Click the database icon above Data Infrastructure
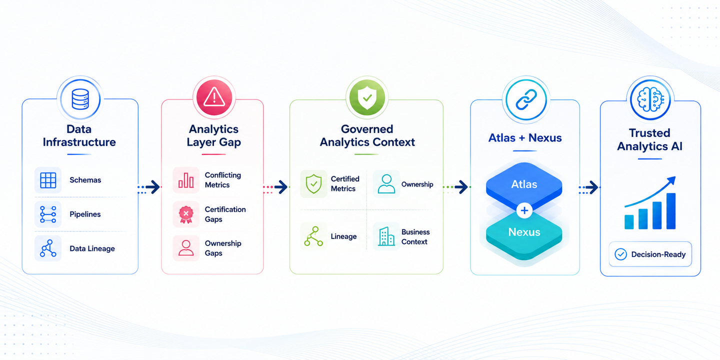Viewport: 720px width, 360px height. pyautogui.click(x=80, y=99)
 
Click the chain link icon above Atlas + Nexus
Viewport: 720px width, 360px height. pyautogui.click(x=526, y=100)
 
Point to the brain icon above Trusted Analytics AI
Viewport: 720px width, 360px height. pyautogui.click(x=650, y=100)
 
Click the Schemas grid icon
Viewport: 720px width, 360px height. pyautogui.click(x=48, y=180)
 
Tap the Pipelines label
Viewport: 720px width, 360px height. pyautogui.click(x=85, y=214)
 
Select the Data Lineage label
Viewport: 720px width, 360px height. pyautogui.click(x=92, y=248)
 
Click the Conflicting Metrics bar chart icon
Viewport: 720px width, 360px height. pyautogui.click(x=186, y=180)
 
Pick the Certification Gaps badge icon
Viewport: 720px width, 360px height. pyautogui.click(x=186, y=214)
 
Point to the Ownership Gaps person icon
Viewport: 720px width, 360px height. pyautogui.click(x=186, y=248)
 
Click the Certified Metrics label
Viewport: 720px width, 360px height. pyautogui.click(x=345, y=183)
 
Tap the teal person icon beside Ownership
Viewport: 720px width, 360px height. pyautogui.click(x=386, y=183)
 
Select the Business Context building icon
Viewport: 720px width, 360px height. pyautogui.click(x=386, y=236)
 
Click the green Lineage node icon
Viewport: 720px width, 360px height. pyautogui.click(x=313, y=236)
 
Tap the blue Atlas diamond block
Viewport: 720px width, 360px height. pyautogui.click(x=524, y=184)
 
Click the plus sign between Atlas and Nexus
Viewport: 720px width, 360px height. pyautogui.click(x=524, y=210)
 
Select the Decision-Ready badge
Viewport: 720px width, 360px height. pyautogui.click(x=650, y=254)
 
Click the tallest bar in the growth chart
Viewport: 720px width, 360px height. pyautogui.click(x=671, y=211)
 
